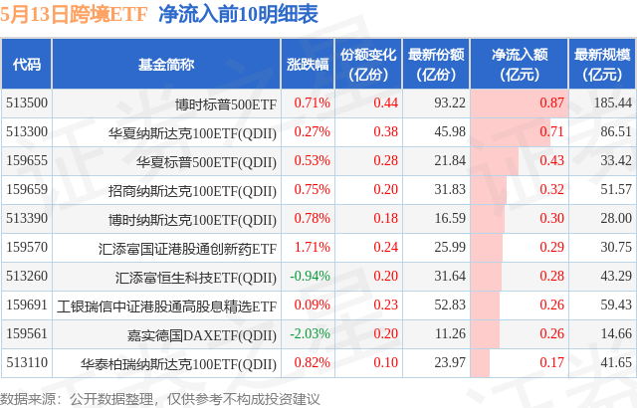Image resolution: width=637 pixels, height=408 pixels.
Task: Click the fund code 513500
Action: tap(27, 102)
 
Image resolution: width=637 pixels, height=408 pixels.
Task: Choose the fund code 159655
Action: tap(27, 160)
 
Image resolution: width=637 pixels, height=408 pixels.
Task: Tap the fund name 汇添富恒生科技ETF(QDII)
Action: tap(196, 276)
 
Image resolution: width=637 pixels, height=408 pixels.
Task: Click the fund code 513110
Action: tap(27, 362)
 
